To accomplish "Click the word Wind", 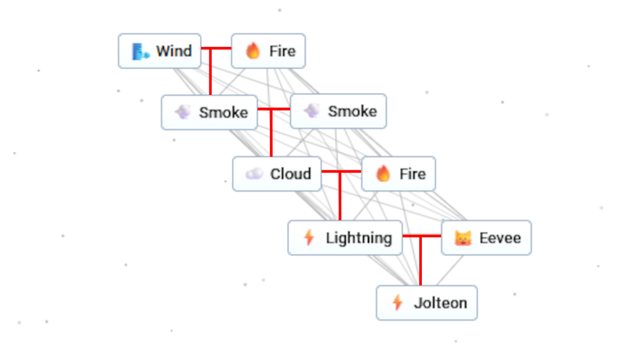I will pos(174,51).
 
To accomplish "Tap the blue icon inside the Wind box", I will pos(140,51).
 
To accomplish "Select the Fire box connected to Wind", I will pos(268,51).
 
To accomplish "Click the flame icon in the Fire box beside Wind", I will pos(253,51).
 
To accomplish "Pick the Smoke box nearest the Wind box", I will pos(209,112).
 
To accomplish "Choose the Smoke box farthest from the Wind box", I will pos(338,111).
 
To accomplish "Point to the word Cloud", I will pos(291,174).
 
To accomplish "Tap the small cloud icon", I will pos(254,174).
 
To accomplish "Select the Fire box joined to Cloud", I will pos(398,174).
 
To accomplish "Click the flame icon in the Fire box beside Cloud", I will pos(383,174).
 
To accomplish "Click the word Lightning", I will pos(359,237).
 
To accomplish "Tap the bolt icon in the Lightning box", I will pos(308,237).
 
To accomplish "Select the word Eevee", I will pos(500,237).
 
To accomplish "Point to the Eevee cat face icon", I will pos(462,238).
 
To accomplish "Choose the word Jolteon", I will pos(440,303).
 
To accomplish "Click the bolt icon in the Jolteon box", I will pos(397,303).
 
